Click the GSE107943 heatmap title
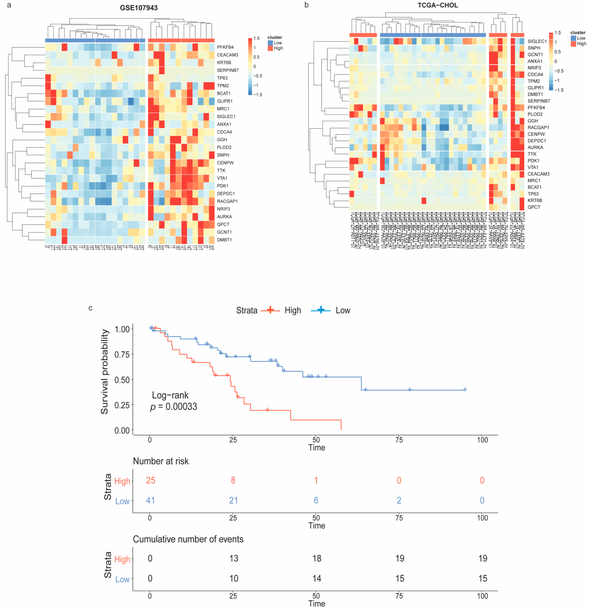[x=139, y=8]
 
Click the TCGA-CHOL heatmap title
[x=438, y=5]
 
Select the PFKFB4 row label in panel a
[x=225, y=47]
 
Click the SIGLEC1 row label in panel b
[x=537, y=41]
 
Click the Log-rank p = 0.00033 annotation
[x=174, y=401]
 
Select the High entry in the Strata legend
[x=292, y=310]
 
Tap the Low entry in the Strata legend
[x=343, y=310]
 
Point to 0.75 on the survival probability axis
[x=122, y=355]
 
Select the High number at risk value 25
[x=151, y=480]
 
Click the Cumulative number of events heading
[x=188, y=539]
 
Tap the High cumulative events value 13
[x=234, y=558]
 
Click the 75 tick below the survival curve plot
[x=399, y=440]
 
